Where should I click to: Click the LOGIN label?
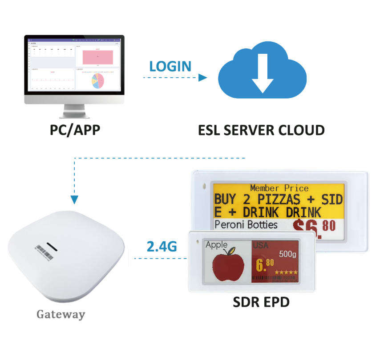[x=170, y=66]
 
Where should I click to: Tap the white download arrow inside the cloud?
[x=263, y=72]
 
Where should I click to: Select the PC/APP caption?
[x=74, y=130]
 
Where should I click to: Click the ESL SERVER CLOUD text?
[x=261, y=130]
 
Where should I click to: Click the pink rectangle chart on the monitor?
[x=97, y=57]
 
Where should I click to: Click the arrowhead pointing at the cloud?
[x=203, y=77]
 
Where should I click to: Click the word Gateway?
[x=61, y=315]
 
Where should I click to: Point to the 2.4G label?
[x=162, y=245]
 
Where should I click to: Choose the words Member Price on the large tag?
[x=279, y=188]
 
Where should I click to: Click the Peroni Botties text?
[x=246, y=224]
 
